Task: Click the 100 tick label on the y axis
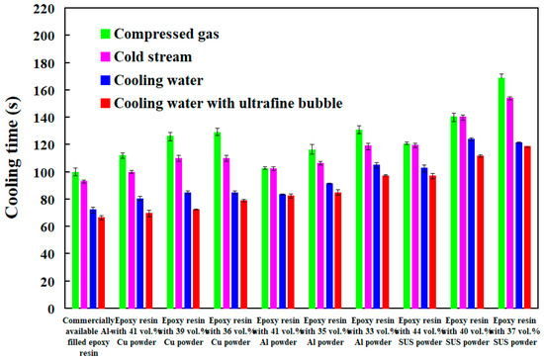(46, 172)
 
